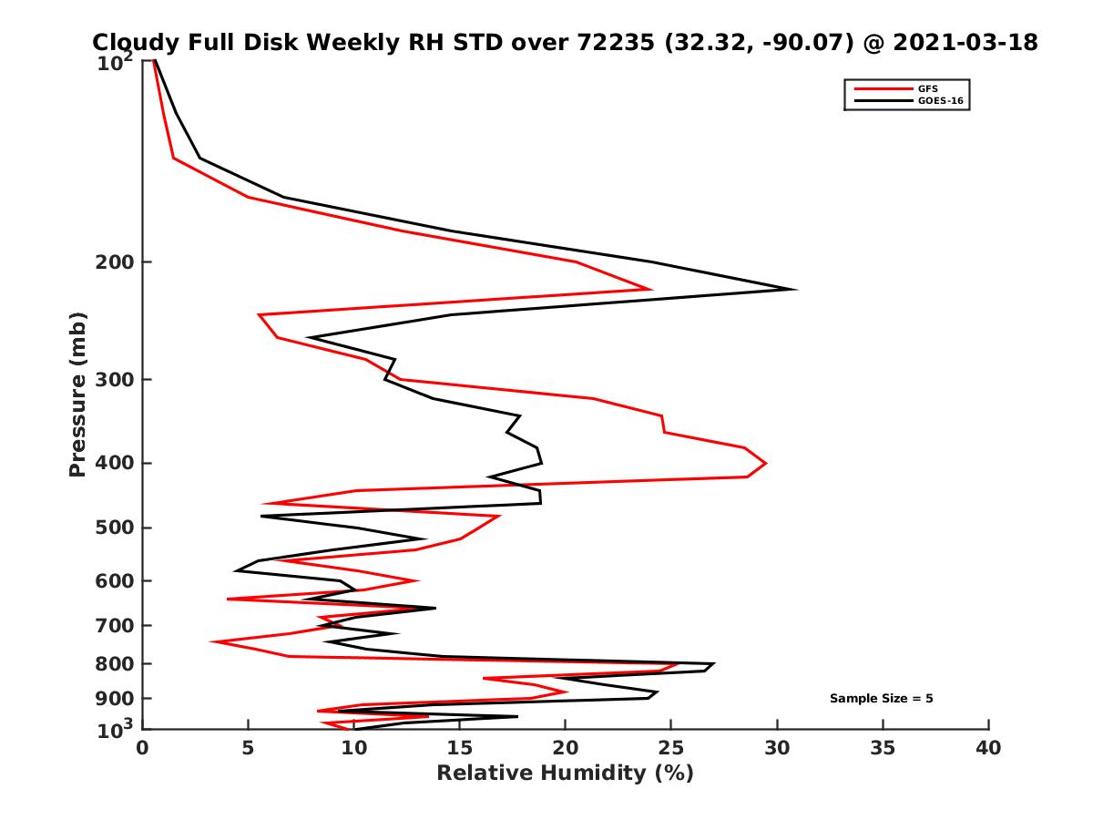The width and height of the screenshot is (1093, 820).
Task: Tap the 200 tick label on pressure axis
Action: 113,262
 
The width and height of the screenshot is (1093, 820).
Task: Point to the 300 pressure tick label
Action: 113,379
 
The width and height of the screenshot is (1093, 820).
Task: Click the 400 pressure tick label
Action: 113,463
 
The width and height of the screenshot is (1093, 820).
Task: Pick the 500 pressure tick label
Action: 113,528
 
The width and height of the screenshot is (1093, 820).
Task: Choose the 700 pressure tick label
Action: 113,625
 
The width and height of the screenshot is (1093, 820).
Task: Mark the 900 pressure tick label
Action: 113,699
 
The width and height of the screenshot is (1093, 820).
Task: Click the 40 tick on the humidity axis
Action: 988,748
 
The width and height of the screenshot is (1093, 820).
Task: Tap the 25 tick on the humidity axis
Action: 671,748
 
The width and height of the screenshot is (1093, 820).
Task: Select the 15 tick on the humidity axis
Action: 459,748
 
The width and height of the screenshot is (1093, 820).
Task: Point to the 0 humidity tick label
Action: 143,748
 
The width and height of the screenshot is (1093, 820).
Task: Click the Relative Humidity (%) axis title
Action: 565,774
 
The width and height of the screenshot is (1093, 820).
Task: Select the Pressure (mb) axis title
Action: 77,394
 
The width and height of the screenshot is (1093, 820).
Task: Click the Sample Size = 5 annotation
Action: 881,699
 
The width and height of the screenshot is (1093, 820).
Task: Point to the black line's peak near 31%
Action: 796,290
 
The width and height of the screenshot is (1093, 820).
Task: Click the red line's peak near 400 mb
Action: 765,463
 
